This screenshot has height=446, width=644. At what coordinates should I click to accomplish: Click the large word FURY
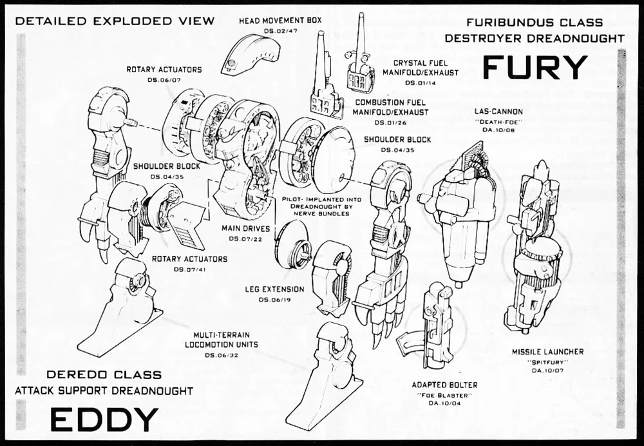(535, 67)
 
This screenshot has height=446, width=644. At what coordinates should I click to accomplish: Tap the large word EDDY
(104, 420)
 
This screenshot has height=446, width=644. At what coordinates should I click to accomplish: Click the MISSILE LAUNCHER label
(547, 352)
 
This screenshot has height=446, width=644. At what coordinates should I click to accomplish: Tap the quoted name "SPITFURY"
(547, 362)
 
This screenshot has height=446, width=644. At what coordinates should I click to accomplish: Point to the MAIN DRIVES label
(245, 228)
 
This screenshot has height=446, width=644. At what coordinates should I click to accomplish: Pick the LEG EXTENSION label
(274, 289)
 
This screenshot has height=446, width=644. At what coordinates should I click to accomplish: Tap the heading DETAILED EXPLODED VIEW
(115, 21)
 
